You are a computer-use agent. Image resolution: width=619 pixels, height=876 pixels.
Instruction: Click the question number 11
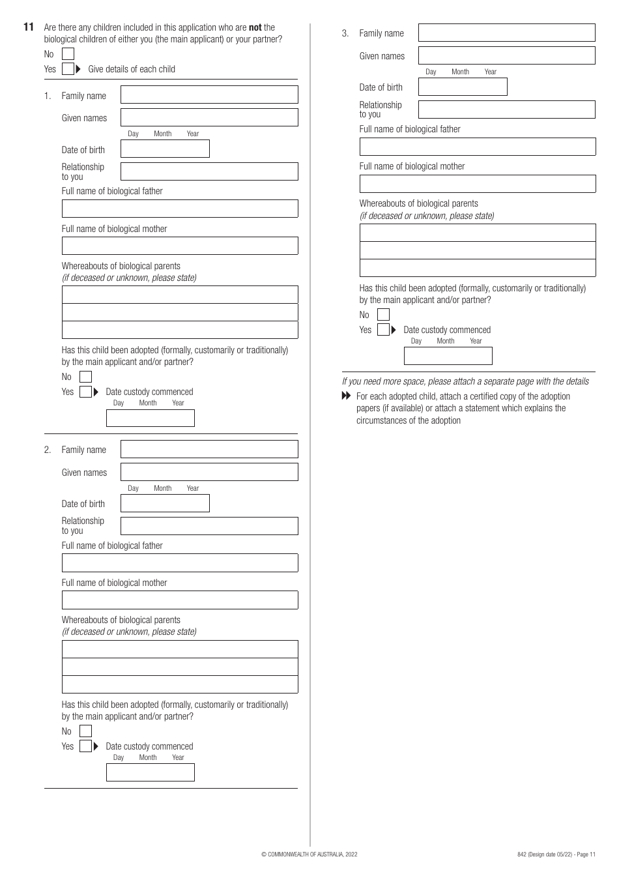coord(28,27)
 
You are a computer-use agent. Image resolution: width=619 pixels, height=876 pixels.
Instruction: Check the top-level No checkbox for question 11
coord(68,54)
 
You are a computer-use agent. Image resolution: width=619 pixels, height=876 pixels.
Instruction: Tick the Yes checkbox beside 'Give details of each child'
coord(68,69)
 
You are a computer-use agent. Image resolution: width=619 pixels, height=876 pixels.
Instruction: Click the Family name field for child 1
coord(209,95)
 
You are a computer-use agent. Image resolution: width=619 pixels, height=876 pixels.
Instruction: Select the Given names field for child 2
coord(209,472)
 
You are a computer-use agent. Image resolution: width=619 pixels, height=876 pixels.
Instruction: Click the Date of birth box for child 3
coord(462,87)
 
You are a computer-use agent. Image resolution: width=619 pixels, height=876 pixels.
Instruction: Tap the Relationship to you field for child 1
coord(209,171)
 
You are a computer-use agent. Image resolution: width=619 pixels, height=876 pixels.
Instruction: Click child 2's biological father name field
coord(180,562)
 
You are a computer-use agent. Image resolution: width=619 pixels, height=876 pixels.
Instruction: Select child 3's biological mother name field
coord(477,184)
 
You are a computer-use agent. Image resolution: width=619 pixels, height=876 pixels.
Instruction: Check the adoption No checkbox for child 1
coord(85,377)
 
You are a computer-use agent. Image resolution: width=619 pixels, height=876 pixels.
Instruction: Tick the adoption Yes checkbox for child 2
coord(85,746)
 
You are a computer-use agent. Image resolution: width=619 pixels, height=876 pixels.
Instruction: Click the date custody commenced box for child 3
coord(448,356)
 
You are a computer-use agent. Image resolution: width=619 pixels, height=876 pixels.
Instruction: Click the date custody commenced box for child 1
coord(150,418)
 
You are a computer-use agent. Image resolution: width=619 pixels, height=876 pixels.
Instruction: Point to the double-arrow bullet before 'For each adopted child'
coord(346,396)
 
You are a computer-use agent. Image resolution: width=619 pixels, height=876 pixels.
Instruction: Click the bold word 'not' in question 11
coord(255,27)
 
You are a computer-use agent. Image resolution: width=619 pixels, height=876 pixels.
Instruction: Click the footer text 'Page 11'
coord(584,854)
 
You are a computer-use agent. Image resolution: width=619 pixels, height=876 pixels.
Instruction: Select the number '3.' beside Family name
coord(345,33)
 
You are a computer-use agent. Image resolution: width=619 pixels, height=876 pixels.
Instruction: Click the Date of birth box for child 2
coord(165,503)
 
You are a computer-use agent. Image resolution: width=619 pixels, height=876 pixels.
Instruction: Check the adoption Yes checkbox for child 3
coord(383,330)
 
